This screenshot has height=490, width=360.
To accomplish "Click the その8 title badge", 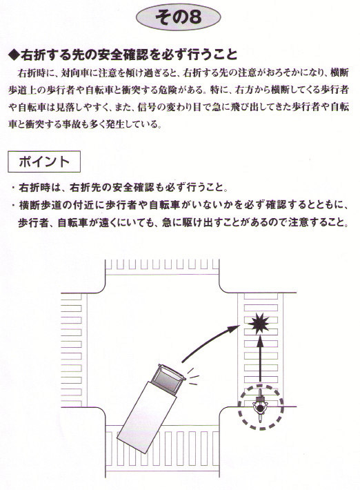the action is (x=179, y=17).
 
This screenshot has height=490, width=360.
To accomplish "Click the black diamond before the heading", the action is (x=14, y=55).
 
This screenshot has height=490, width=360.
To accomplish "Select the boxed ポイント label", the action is (x=44, y=161).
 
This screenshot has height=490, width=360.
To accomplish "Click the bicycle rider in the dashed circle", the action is (x=260, y=405).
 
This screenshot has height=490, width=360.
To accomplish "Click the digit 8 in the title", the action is (x=195, y=18).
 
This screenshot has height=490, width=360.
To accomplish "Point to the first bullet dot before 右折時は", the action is (x=13, y=188).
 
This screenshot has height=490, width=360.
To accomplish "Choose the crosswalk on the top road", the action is (x=162, y=264).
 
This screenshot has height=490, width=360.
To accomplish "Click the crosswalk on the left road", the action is (x=72, y=350).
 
